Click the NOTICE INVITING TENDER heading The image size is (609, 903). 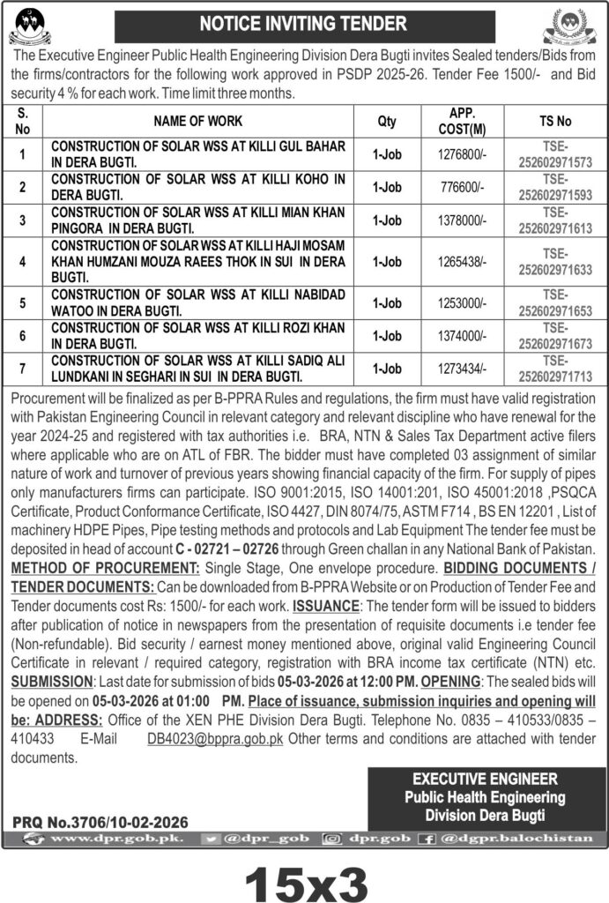tap(304, 23)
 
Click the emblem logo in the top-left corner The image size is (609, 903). tap(30, 26)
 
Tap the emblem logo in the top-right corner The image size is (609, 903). tap(576, 26)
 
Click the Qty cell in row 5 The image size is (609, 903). tap(386, 302)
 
